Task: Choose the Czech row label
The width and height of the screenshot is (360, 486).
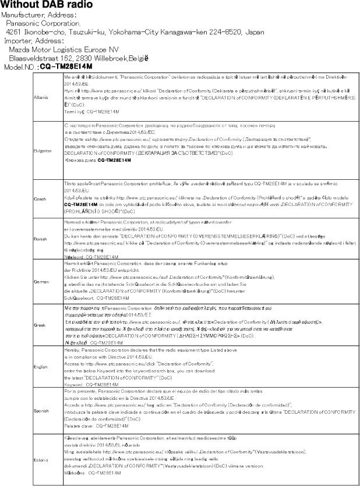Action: [x=41, y=198]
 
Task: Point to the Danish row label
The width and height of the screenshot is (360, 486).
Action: [x=41, y=239]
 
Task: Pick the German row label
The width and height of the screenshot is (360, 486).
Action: [x=42, y=281]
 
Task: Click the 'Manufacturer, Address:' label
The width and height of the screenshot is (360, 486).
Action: [x=40, y=15]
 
